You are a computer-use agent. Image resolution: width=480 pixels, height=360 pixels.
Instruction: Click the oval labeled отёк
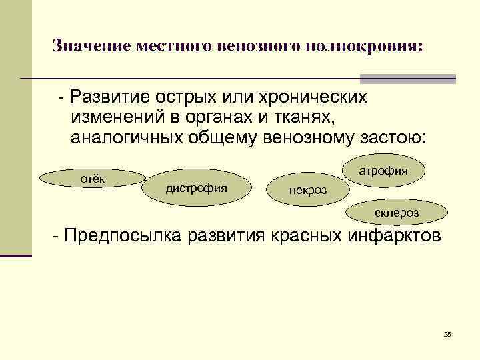[91, 179]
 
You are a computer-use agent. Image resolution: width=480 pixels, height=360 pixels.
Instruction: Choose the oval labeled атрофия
[383, 171]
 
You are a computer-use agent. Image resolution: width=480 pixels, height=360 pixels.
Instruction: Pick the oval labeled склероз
[395, 213]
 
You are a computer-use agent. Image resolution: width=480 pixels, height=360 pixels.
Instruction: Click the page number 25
[447, 333]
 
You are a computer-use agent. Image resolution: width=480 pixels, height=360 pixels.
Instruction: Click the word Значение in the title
[93, 47]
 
